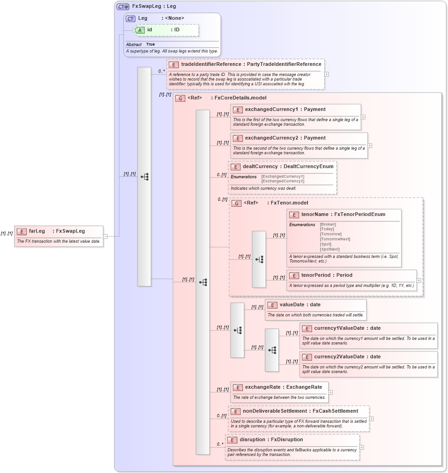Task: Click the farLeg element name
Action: point(37,231)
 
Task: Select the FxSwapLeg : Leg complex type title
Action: point(153,6)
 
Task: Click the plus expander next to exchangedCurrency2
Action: point(370,146)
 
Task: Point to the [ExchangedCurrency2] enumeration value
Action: point(283,181)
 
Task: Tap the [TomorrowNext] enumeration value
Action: point(335,239)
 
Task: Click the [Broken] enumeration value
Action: point(328,224)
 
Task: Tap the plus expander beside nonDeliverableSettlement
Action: point(371,419)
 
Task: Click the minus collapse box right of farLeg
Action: point(106,236)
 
